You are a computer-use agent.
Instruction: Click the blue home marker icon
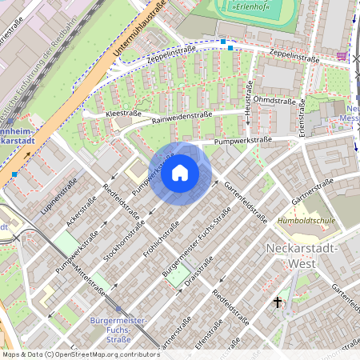pyautogui.click(x=180, y=173)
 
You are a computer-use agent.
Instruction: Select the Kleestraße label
pyautogui.click(x=123, y=114)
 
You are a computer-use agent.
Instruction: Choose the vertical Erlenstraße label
pyautogui.click(x=302, y=118)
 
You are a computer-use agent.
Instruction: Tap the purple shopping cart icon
pyautogui.click(x=342, y=56)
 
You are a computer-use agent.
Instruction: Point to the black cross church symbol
pyautogui.click(x=278, y=302)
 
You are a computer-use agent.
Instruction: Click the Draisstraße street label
pyautogui.click(x=200, y=271)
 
